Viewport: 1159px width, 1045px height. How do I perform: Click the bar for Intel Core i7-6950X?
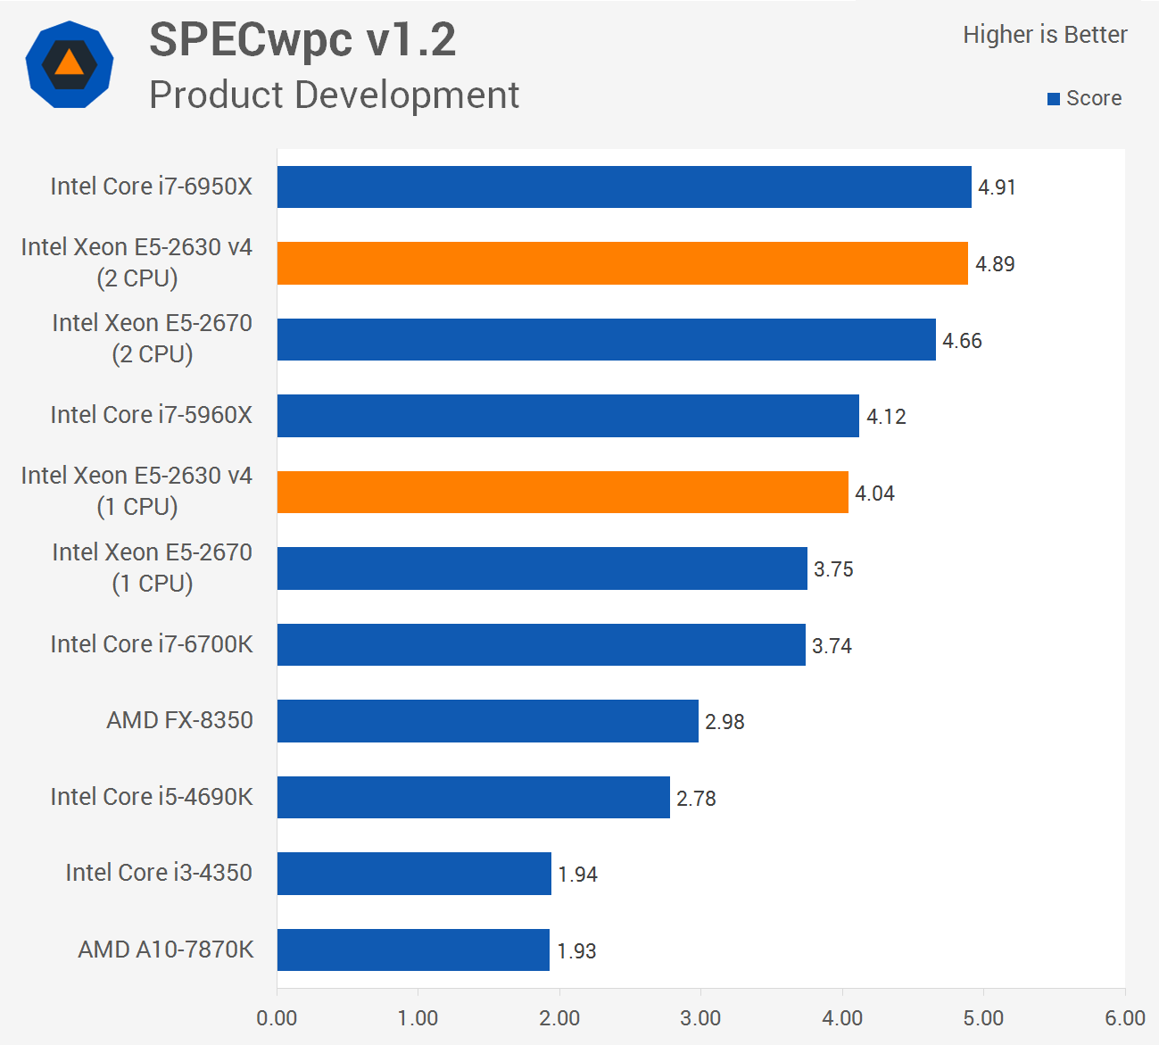coord(624,187)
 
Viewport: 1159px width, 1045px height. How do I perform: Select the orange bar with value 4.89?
coord(622,263)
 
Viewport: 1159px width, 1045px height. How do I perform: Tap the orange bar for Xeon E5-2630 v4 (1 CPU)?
coord(562,493)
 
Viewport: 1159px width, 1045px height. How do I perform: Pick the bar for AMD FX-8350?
coord(487,721)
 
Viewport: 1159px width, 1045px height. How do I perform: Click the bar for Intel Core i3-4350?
coord(414,874)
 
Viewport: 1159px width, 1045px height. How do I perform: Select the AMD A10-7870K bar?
coord(413,950)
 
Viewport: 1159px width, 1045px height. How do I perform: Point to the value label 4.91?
coord(997,187)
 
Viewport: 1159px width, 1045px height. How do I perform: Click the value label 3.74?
coord(832,646)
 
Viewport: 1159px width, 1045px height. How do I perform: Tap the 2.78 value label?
coord(696,799)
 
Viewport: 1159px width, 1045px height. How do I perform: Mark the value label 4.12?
coord(886,417)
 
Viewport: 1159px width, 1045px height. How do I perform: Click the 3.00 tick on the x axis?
coord(700,1018)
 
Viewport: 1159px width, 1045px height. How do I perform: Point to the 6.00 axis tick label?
coord(1124,1018)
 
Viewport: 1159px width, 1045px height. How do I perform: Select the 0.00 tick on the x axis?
coord(277,1018)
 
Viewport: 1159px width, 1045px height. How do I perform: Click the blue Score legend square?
coord(1054,99)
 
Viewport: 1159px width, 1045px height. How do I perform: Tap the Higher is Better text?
coord(1045,35)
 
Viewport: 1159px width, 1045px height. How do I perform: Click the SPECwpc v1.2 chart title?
coord(302,40)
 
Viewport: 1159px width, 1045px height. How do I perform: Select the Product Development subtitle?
coord(334,95)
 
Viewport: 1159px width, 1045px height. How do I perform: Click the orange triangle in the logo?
coord(69,64)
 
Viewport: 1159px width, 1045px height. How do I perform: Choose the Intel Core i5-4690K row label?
coord(152,797)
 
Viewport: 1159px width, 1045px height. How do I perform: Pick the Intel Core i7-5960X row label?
coord(152,415)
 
